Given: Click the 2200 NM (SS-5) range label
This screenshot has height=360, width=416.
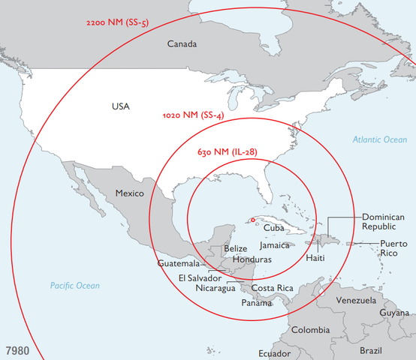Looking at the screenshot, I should (118, 22).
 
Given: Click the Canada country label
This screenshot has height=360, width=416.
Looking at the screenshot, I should (182, 44).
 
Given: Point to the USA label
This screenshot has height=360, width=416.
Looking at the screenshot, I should (120, 106).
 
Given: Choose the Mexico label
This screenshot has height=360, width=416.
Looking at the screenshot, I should (129, 193).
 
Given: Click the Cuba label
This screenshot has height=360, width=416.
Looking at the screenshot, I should (273, 227).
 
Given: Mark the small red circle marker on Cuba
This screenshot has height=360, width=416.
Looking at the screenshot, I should (253, 220).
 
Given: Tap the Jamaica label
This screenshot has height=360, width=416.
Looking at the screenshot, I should (274, 245).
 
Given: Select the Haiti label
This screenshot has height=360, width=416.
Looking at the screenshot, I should (316, 258).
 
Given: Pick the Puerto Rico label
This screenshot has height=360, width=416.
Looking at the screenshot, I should (393, 248).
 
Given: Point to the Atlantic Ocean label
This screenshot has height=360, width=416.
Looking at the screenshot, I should (380, 139).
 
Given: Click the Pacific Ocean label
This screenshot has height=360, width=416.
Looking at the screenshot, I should (74, 286).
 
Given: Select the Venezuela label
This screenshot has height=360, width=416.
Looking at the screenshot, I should (355, 300).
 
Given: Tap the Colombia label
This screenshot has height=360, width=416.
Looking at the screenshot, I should (309, 330).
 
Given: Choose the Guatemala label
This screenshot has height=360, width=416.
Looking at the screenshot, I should (179, 264).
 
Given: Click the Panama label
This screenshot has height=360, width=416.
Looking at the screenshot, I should (257, 303).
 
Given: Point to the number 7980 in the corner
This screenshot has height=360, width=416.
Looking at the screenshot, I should (18, 350).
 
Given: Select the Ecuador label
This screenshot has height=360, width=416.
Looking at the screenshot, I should (274, 353).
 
